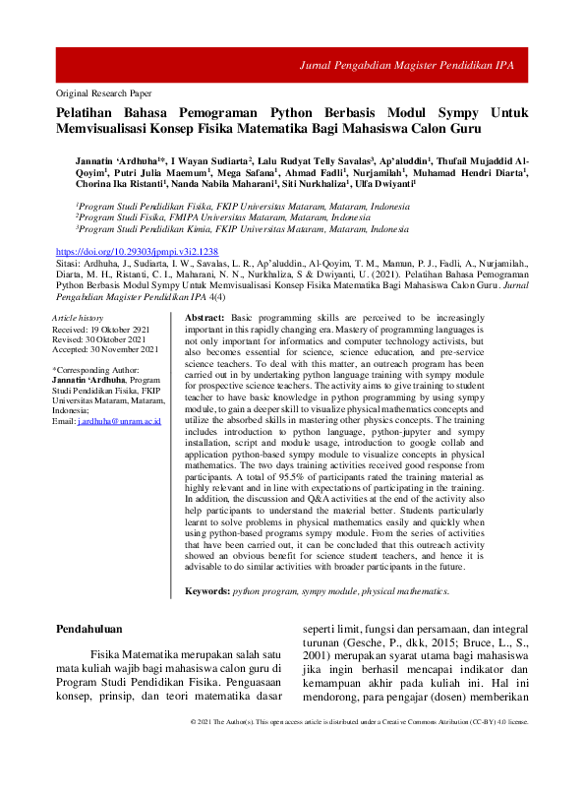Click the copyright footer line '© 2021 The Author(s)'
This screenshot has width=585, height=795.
236,776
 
